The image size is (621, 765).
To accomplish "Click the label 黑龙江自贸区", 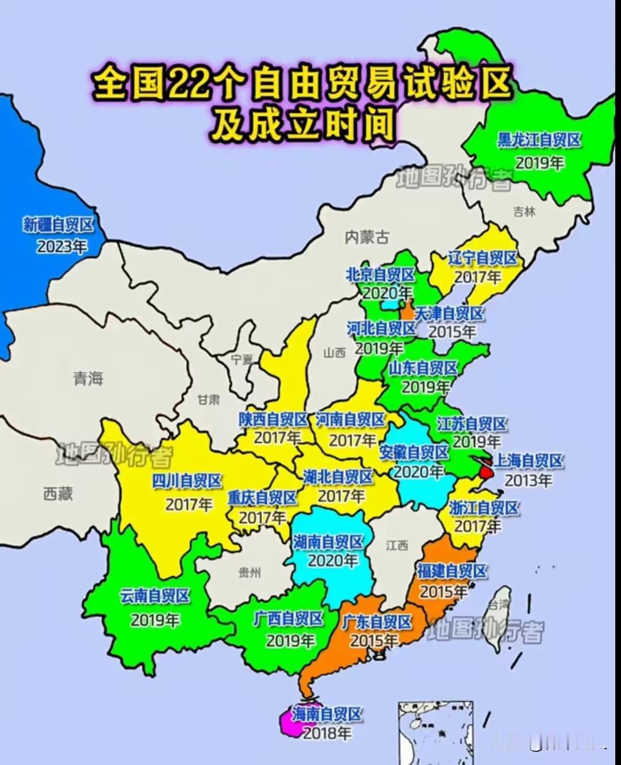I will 539,140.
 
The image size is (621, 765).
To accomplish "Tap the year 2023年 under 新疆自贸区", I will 62,246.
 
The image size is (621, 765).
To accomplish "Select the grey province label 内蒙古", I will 367,236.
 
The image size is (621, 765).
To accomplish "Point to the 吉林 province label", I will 524,212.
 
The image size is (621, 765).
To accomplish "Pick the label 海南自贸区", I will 327,714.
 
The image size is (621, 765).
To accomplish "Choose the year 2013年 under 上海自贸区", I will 528,480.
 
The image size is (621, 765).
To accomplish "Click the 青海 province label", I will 88,378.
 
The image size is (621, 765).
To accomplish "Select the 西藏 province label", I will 58,493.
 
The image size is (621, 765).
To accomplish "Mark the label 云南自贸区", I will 155,596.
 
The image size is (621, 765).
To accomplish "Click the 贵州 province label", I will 250,572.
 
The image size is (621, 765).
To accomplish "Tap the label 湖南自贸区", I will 328,542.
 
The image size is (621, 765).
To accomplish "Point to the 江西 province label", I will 397,545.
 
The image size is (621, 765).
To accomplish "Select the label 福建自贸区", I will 451,571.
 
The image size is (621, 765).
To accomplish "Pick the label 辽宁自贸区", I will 482,258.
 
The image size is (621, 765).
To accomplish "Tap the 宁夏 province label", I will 242,359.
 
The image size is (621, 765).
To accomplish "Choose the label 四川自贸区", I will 186,481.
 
